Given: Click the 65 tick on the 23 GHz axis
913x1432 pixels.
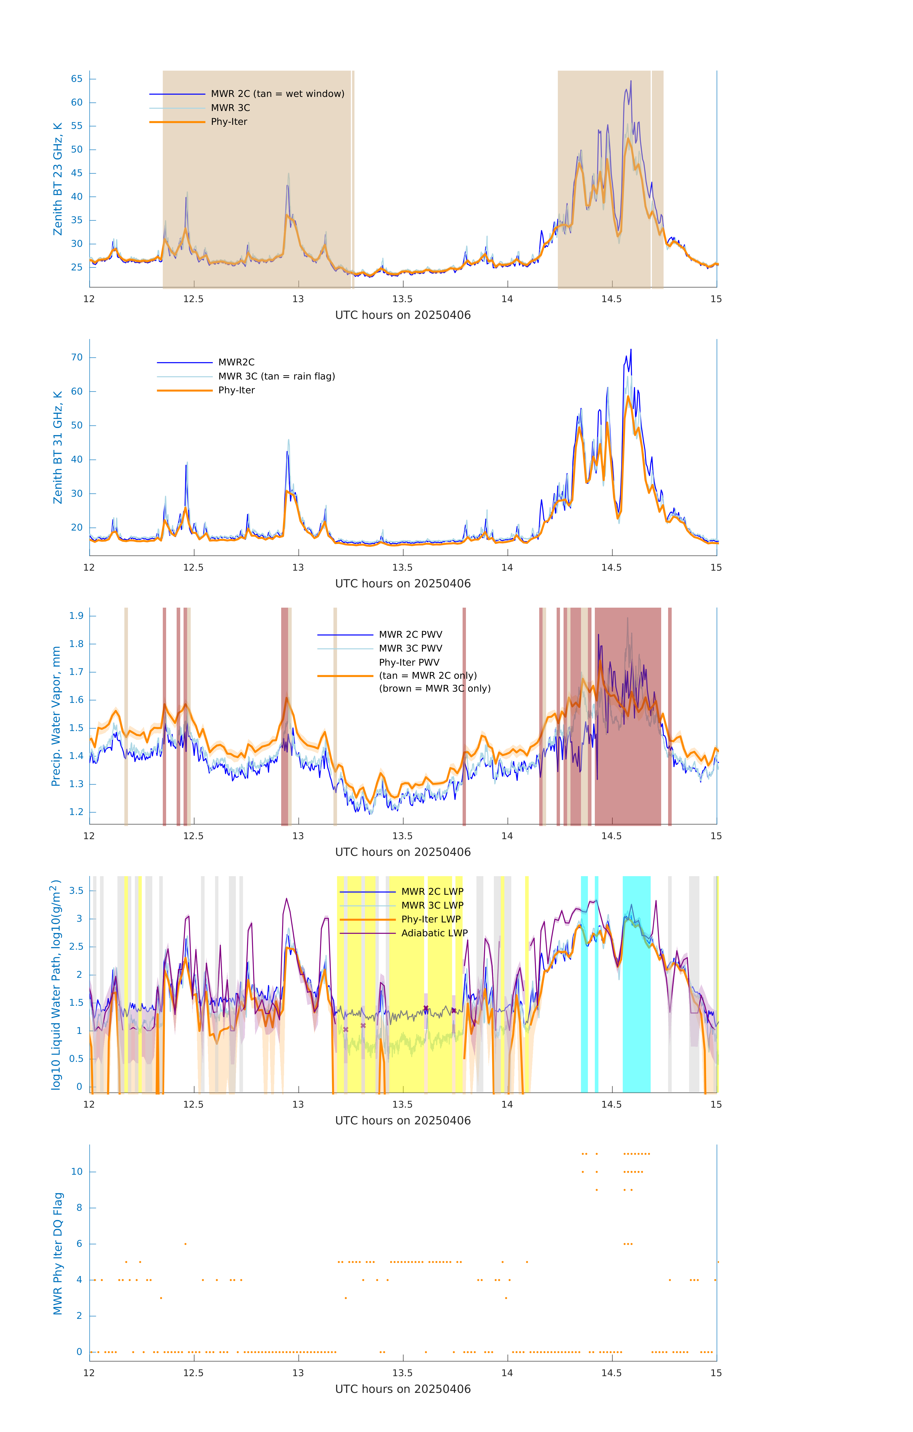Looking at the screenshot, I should (77, 79).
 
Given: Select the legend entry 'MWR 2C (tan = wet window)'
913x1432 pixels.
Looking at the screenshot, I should (277, 94).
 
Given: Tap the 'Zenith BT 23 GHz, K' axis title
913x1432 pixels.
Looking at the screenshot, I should (58, 179).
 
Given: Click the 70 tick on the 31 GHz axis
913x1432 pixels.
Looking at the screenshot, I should (77, 358).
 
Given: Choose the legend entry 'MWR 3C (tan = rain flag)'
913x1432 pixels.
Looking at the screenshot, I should (277, 376).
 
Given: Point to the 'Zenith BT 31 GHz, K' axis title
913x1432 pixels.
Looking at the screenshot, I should (58, 447).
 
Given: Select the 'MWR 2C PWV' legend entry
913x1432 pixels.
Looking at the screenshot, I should (410, 635).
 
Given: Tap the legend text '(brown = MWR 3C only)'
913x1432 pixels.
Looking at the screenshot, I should (435, 689).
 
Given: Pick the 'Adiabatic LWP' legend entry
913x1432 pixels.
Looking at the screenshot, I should (434, 933).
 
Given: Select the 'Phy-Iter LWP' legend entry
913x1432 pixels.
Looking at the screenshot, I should (431, 919).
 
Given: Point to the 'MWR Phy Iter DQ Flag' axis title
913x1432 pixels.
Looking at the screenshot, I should (58, 1253).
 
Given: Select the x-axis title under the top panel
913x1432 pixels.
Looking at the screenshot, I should (403, 315).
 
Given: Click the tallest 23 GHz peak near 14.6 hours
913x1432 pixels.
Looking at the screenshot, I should (631, 81).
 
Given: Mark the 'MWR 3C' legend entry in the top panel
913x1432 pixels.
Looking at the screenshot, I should (230, 108).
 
